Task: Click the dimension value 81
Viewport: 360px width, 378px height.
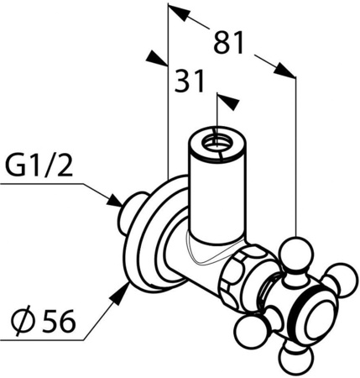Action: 228,43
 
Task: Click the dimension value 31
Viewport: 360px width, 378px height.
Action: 189,81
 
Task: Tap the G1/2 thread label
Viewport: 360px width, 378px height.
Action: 39,166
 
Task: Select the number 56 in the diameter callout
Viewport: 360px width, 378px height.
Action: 59,320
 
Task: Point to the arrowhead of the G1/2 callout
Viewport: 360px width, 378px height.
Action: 115,200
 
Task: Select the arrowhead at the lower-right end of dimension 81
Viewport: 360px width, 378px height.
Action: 284,70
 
